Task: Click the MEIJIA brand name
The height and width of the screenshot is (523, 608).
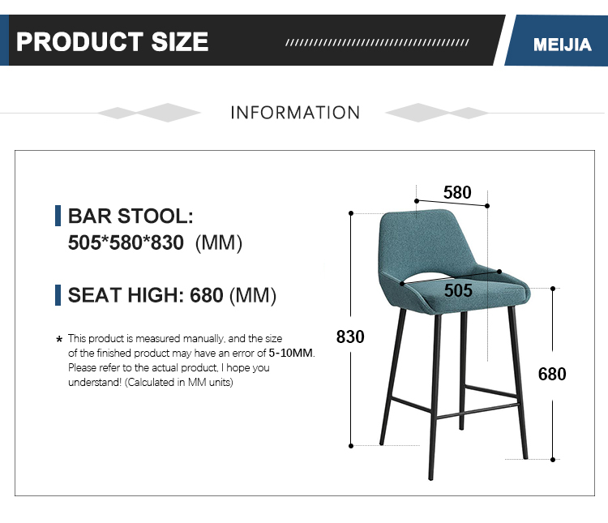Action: pos(563,45)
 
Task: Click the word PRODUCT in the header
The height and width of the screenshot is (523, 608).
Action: pos(79,41)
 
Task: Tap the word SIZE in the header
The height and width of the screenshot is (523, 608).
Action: pos(180,41)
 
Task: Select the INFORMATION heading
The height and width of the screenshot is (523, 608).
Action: pos(295,113)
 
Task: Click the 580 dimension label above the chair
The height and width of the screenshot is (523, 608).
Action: pos(457,192)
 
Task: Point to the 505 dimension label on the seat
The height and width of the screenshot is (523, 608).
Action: pos(458,290)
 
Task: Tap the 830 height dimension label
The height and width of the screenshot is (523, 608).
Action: pos(350,337)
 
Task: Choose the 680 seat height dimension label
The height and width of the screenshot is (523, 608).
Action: pos(552,374)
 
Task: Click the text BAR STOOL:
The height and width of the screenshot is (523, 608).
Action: pos(131,216)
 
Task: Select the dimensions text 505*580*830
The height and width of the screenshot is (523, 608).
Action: pos(126,243)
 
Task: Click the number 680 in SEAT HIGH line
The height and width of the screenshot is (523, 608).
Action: pos(206,295)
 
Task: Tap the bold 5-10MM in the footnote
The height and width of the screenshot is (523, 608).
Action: pos(291,353)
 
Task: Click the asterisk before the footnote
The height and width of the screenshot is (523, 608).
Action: pos(59,340)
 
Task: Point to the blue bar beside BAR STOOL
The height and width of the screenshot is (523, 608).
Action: pos(58,216)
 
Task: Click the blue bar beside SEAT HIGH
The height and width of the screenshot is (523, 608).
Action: pos(58,295)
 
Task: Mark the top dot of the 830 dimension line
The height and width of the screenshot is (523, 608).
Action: pos(351,213)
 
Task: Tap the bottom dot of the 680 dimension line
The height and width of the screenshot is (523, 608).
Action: pos(553,460)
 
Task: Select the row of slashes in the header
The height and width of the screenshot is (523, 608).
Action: pos(377,42)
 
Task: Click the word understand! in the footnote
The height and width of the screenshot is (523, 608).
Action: pos(95,383)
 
